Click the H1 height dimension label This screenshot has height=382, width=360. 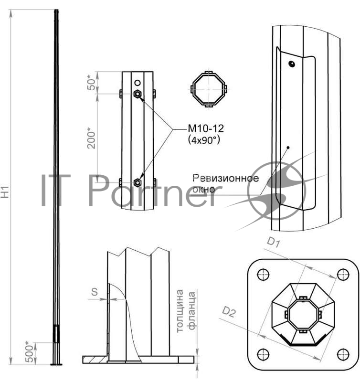(5, 192)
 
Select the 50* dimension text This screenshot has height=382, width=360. (91, 83)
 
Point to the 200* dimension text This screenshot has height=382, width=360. (91, 138)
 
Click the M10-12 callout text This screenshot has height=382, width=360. (206, 128)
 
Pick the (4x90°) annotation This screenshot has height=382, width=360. (204, 140)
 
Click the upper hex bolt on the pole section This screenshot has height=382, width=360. (138, 94)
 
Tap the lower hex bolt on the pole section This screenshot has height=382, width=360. (138, 182)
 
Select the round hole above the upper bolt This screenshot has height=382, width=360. (138, 83)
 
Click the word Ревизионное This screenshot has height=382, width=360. (225, 178)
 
